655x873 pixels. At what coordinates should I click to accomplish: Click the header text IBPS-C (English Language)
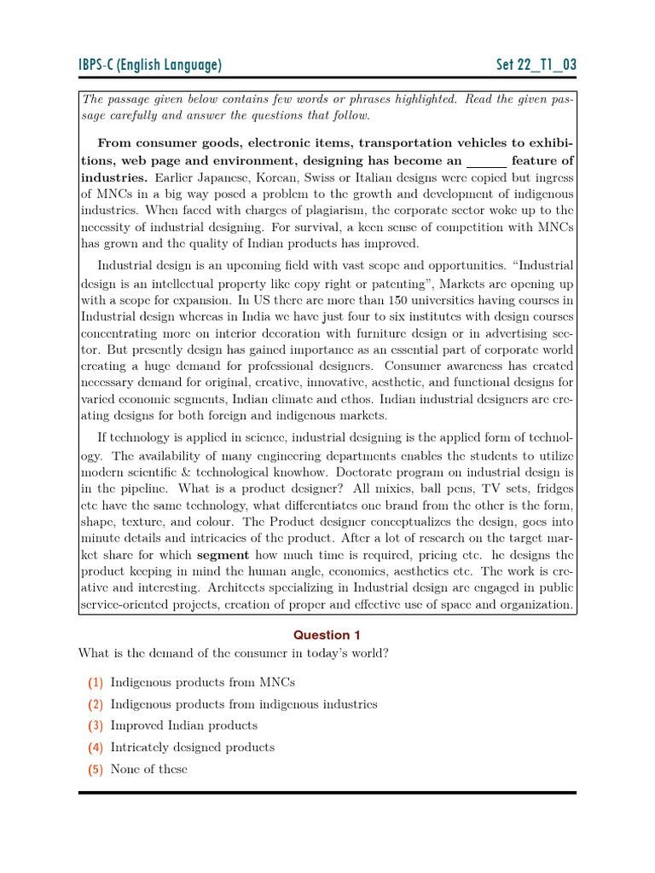pyautogui.click(x=150, y=66)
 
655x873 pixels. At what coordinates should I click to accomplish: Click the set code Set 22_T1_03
pyautogui.click(x=536, y=66)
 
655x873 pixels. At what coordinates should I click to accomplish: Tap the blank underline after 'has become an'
pyautogui.click(x=487, y=160)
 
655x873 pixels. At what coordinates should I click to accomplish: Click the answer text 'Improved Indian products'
pyautogui.click(x=184, y=726)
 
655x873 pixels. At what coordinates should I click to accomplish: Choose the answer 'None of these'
pyautogui.click(x=148, y=769)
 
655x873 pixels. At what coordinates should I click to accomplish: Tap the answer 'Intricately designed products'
pyautogui.click(x=193, y=747)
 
